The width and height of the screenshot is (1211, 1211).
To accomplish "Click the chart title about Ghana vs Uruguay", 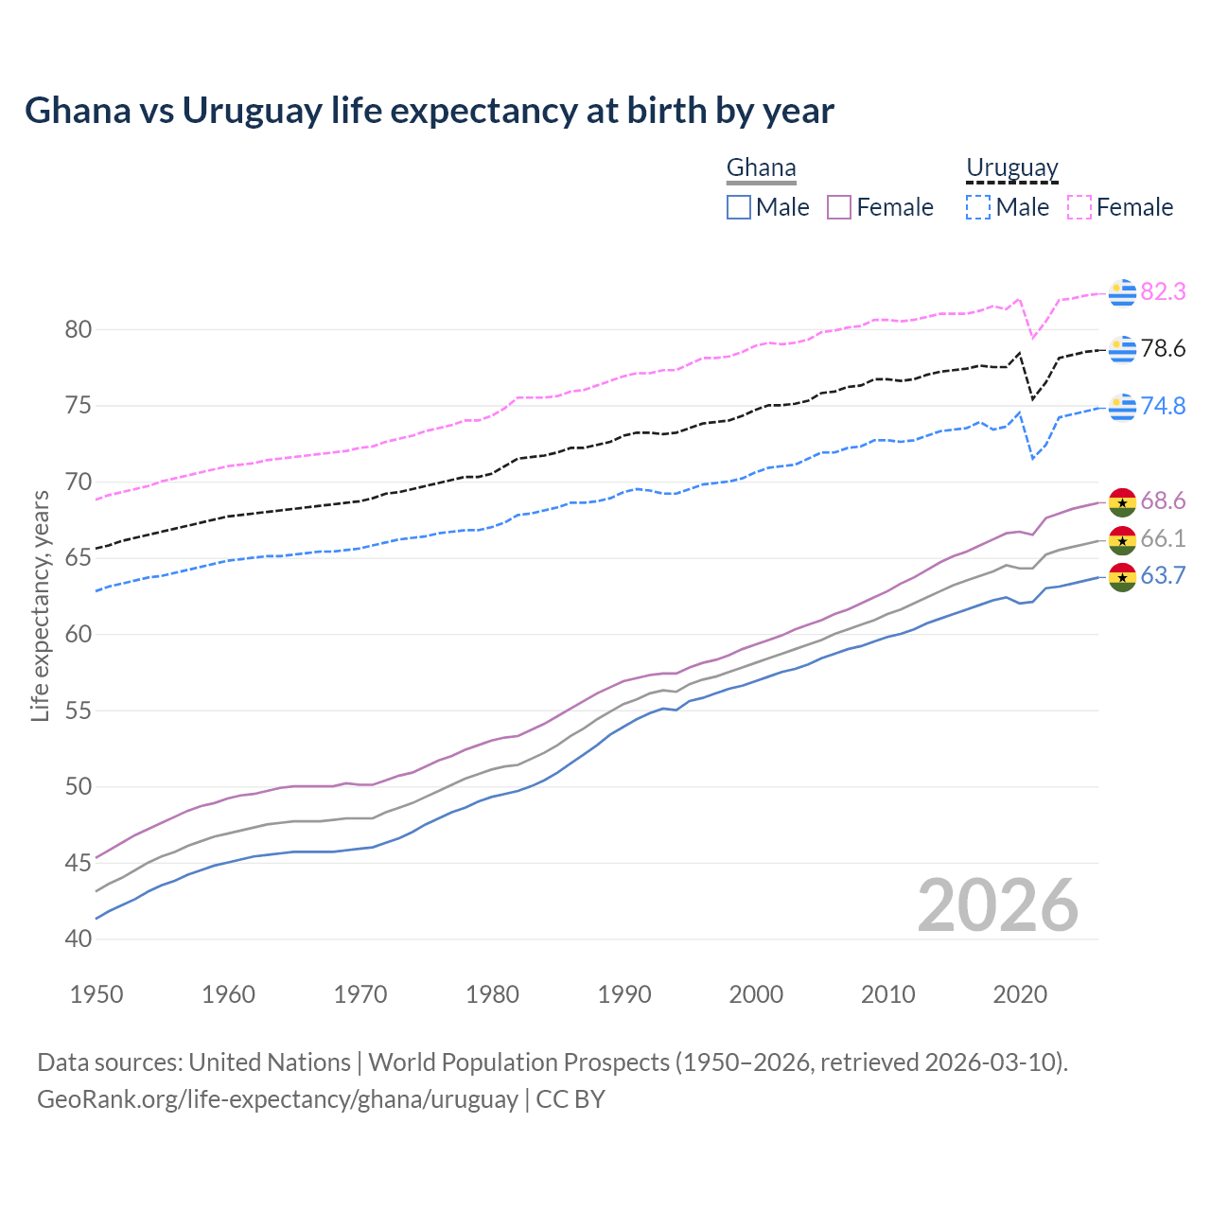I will click(x=430, y=111).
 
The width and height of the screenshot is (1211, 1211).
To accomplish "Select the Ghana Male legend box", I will click(x=739, y=207).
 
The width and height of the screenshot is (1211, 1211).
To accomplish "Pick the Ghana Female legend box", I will click(x=839, y=207).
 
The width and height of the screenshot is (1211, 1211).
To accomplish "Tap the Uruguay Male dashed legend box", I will click(x=978, y=207).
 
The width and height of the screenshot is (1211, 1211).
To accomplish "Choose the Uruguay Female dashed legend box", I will click(x=1079, y=207).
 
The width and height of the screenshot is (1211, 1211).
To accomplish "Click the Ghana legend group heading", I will click(x=761, y=167).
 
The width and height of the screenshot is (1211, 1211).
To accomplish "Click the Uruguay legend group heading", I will click(x=1011, y=167).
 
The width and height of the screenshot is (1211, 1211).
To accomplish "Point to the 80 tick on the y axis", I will click(x=78, y=330).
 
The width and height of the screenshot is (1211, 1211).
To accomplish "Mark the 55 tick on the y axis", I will click(x=78, y=711).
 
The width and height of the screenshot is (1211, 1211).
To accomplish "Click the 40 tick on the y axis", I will click(x=78, y=939).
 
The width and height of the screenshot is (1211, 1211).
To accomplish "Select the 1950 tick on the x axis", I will click(x=97, y=994).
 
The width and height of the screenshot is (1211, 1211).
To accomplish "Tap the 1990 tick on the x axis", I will click(x=624, y=994).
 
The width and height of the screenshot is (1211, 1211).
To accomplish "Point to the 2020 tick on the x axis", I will click(x=1020, y=994).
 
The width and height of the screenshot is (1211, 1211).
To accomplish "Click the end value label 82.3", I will click(x=1163, y=292).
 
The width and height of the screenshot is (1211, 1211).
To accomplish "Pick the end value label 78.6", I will click(x=1163, y=349).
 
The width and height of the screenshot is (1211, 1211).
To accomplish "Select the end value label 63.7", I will click(x=1163, y=576).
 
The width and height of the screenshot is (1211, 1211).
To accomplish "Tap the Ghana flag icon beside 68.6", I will click(x=1122, y=501).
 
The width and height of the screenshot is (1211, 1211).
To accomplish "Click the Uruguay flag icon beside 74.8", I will click(x=1122, y=407).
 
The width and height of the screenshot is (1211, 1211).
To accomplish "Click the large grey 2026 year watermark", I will click(x=998, y=905).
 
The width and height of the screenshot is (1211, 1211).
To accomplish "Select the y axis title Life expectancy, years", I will click(x=41, y=605).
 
